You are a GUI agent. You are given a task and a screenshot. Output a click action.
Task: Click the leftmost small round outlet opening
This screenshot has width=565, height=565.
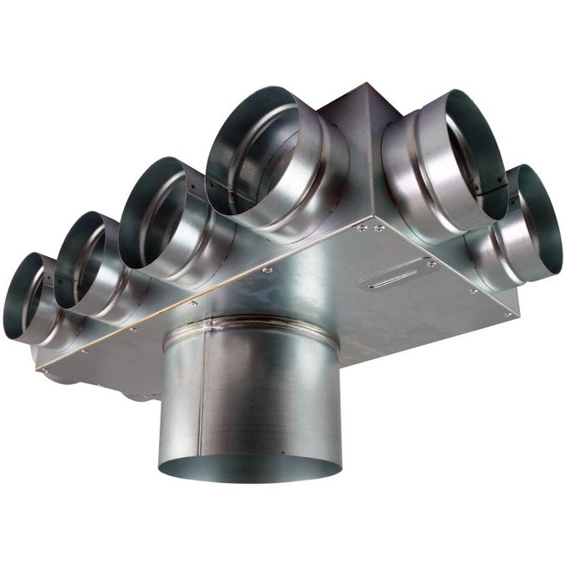click(x=25, y=294)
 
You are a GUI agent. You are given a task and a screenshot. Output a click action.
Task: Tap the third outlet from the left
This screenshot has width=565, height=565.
click(x=154, y=213)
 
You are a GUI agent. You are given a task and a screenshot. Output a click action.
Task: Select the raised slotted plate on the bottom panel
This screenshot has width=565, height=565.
click(x=397, y=273)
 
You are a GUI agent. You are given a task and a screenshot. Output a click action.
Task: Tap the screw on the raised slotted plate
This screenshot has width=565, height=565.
click(x=432, y=264)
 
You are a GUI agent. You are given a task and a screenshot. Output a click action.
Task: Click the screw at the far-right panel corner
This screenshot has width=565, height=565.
click(x=507, y=314)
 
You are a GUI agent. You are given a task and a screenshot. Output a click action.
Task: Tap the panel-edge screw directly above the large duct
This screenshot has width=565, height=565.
click(x=267, y=270)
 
